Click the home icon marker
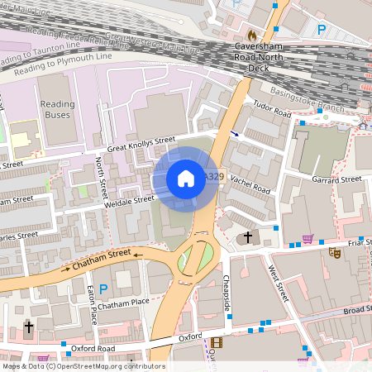(x=186, y=178)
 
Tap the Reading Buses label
(x=58, y=109)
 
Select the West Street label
(x=276, y=282)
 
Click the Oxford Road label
(x=93, y=348)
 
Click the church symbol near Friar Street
(x=246, y=238)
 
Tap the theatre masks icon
(x=335, y=252)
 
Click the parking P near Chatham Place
(x=103, y=289)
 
